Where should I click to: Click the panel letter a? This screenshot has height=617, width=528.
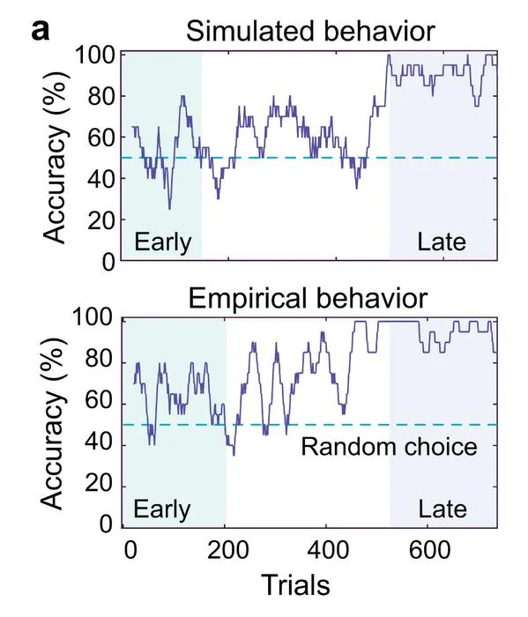(x=41, y=31)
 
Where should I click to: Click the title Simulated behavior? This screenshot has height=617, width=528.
(x=310, y=31)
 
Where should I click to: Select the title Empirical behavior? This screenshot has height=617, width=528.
(x=308, y=298)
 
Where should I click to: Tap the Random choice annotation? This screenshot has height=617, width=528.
(x=389, y=447)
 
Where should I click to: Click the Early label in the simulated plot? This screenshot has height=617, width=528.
(x=162, y=242)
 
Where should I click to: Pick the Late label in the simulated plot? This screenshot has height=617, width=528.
(x=441, y=242)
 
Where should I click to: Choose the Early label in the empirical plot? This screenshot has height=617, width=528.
(x=161, y=509)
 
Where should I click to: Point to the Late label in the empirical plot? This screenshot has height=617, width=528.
(x=442, y=509)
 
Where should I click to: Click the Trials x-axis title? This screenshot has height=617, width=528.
(x=295, y=584)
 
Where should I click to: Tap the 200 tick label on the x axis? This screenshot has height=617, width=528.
(x=227, y=550)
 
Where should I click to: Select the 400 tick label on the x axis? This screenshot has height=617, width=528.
(x=328, y=550)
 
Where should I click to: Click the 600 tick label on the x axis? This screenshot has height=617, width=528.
(x=429, y=550)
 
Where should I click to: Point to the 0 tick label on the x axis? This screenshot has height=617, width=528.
(x=130, y=550)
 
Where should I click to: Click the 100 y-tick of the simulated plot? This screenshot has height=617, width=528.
(x=95, y=55)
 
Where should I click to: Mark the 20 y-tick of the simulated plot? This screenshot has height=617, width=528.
(x=101, y=220)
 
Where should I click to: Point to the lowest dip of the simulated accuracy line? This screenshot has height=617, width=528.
(x=169, y=209)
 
